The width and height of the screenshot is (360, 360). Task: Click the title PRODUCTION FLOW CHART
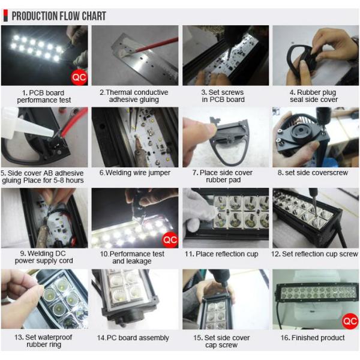[x=59, y=16]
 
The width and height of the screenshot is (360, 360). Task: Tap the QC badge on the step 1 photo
[x=79, y=77]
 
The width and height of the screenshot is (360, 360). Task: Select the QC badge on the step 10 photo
[x=170, y=240]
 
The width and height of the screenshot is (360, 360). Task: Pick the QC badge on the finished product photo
[x=350, y=320]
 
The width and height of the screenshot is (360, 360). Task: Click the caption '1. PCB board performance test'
[x=44, y=97]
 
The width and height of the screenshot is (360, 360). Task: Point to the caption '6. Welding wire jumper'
[x=134, y=173]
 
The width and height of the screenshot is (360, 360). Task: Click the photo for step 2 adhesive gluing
[x=134, y=55]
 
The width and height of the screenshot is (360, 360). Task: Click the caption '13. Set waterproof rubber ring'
[x=44, y=341]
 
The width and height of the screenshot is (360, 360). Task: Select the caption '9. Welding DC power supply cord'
[x=44, y=258]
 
